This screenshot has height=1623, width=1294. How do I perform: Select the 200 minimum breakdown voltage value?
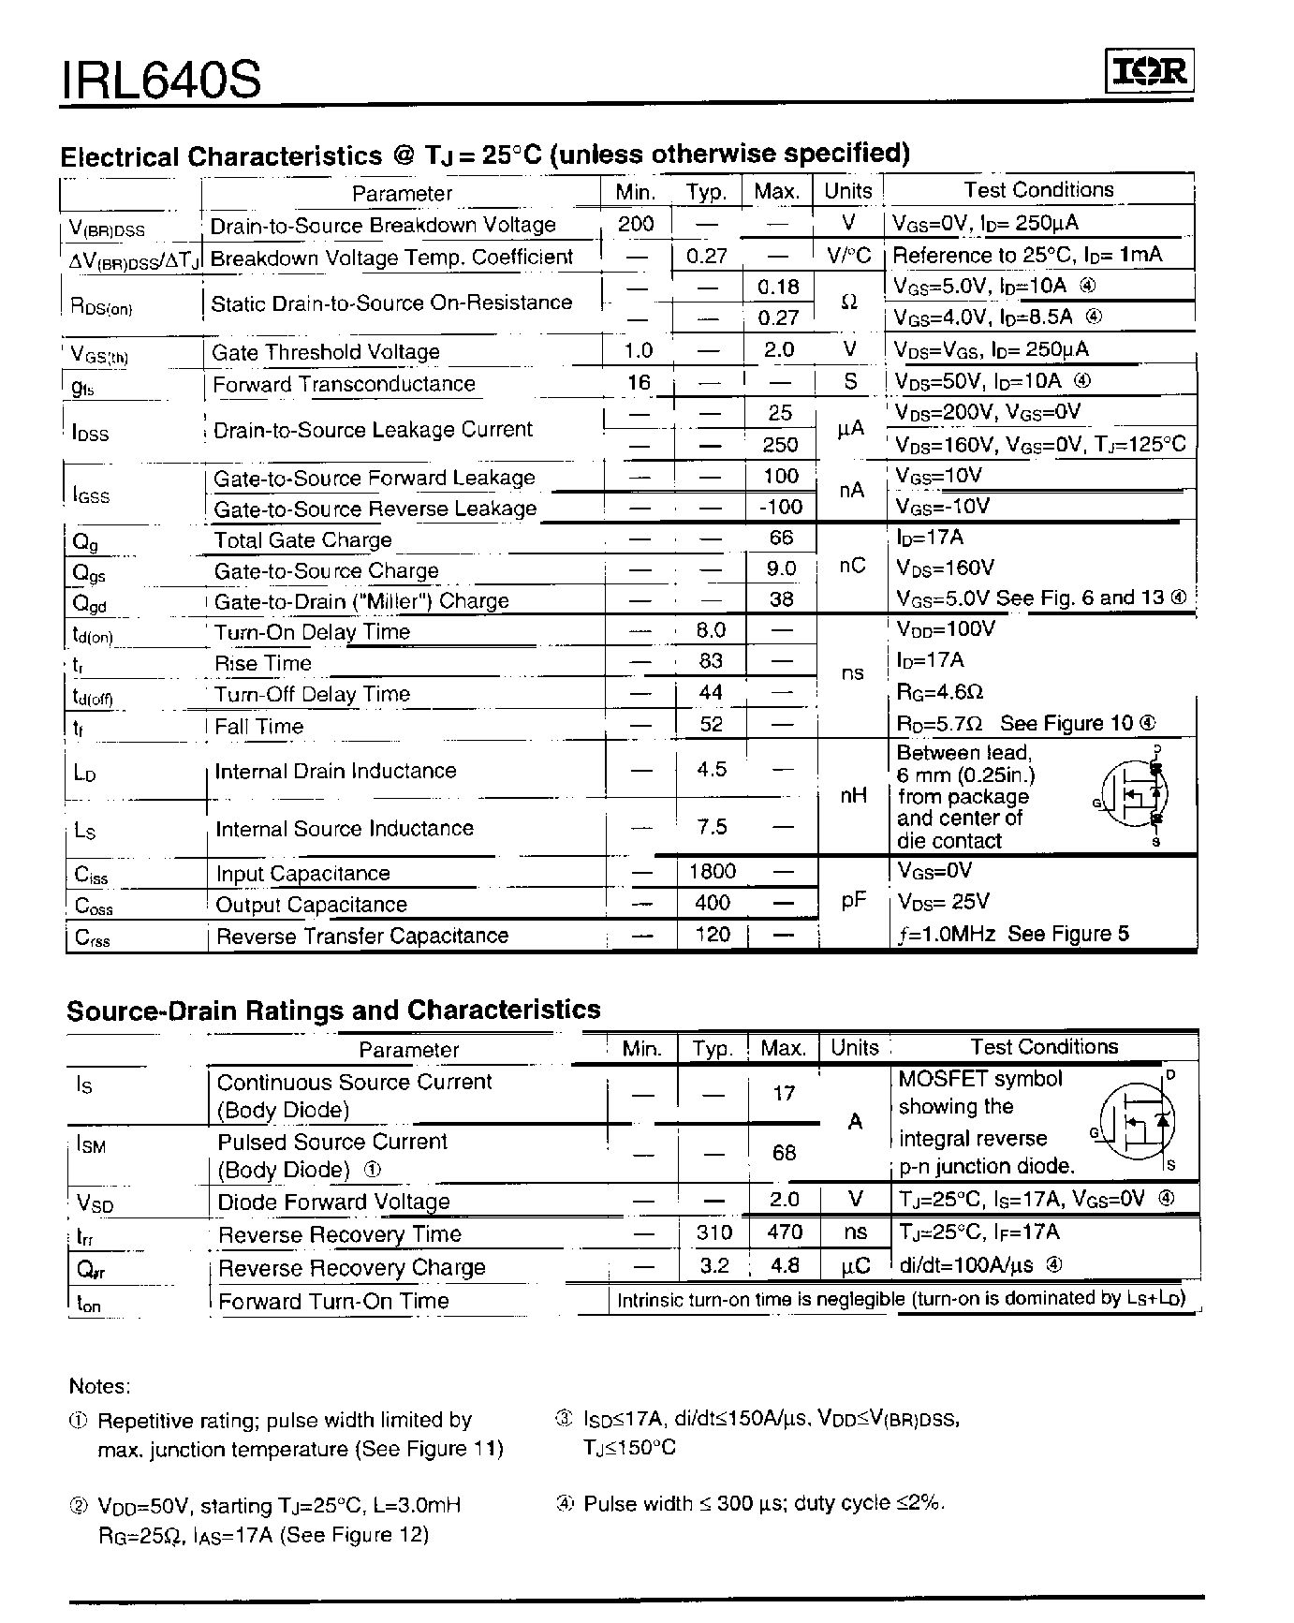coord(636,224)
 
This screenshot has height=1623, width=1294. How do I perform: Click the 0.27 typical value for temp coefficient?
coord(707,256)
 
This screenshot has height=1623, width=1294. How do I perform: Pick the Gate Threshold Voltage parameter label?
coord(326,352)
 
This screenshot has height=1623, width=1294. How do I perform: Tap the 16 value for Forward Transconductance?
coord(639,381)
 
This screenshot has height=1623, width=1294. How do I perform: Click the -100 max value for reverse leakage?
coord(780,507)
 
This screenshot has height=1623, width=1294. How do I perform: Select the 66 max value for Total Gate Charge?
coord(781,538)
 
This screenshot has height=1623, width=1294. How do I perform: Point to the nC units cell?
coord(852,567)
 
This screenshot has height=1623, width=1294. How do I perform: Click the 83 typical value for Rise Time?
coord(711,661)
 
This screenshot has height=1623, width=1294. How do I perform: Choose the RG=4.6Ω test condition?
coord(939,692)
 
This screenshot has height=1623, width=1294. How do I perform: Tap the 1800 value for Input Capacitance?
coord(713,872)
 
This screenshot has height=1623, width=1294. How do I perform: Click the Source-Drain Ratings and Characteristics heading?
coord(333,1011)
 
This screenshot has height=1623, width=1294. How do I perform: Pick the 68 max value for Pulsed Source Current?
coord(784,1152)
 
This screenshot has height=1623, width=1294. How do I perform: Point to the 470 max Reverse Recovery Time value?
coord(784,1232)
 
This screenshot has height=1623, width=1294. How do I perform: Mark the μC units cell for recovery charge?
coord(856,1265)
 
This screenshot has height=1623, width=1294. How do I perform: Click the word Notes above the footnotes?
coord(100,1386)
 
